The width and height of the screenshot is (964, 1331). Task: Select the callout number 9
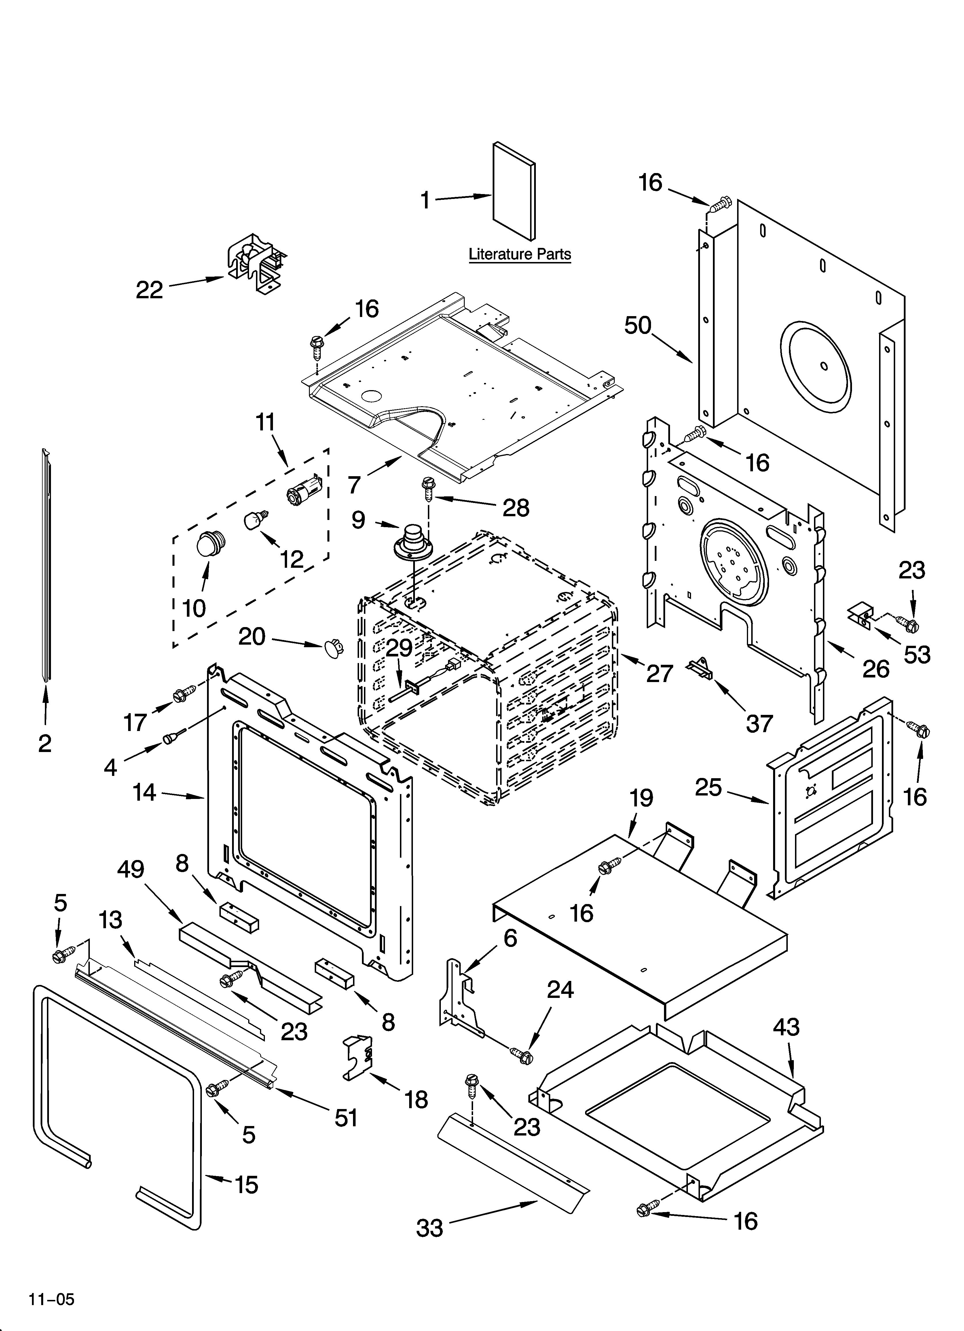[358, 520]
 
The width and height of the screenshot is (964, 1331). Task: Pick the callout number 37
[759, 723]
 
